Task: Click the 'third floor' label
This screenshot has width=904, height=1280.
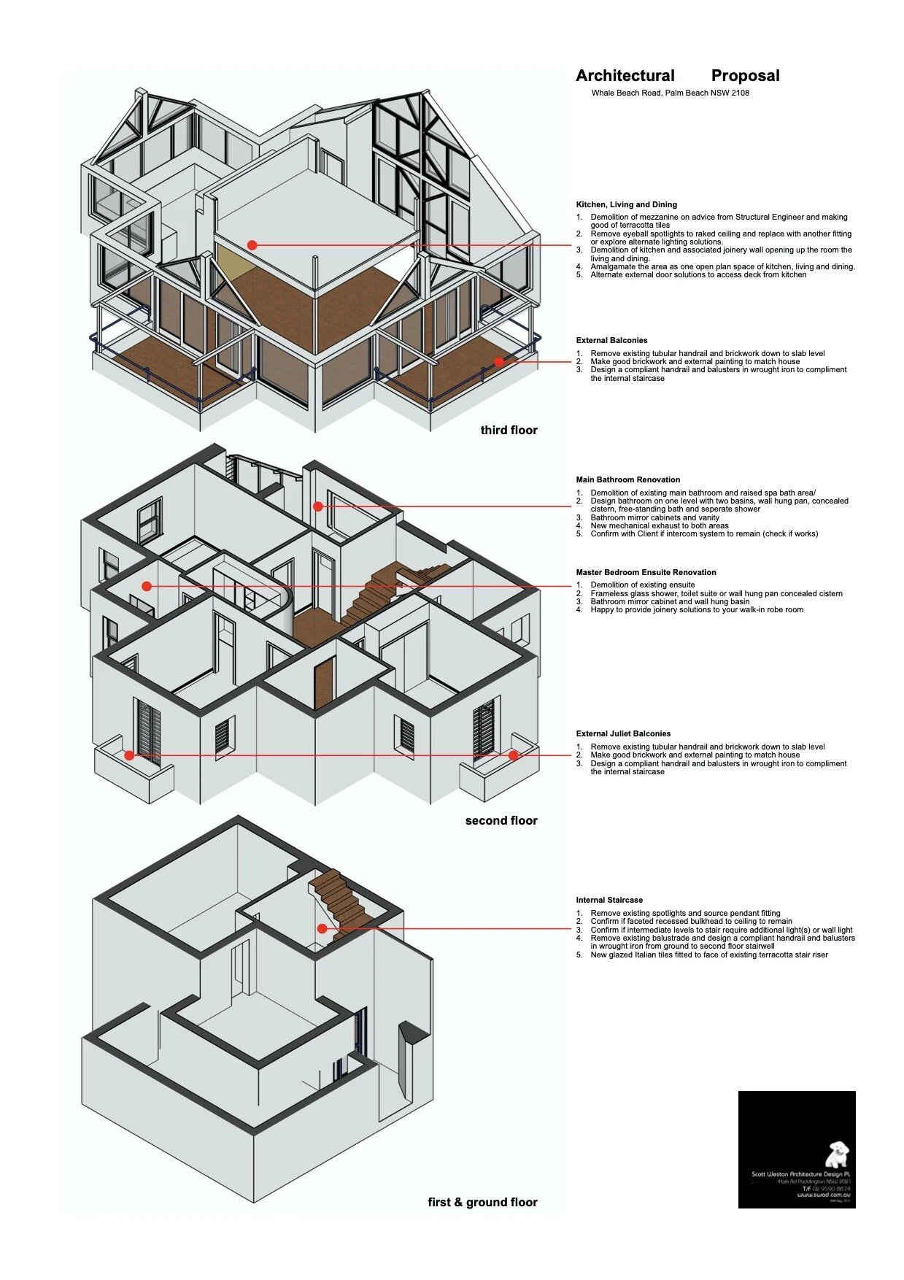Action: [509, 430]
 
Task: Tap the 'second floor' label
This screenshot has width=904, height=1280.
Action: [501, 820]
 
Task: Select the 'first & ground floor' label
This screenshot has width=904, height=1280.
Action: [482, 1202]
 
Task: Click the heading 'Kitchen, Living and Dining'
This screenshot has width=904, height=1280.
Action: [626, 204]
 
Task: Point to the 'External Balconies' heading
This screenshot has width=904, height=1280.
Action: [611, 340]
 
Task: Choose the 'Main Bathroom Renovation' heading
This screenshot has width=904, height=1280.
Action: [627, 479]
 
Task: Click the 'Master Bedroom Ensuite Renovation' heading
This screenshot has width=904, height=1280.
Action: [646, 572]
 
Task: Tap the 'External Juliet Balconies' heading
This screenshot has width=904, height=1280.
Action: [622, 733]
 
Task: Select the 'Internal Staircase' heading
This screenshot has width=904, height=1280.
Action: [609, 900]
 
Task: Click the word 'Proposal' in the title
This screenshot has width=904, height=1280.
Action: [745, 76]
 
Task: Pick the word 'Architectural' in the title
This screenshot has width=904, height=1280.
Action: [625, 76]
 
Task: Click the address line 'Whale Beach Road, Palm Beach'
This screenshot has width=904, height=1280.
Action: [670, 93]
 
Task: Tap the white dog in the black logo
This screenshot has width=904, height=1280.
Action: [838, 1154]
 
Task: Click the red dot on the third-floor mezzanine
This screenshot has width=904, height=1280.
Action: [252, 245]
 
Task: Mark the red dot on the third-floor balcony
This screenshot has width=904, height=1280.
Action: [499, 361]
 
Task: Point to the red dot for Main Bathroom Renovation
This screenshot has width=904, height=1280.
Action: [318, 506]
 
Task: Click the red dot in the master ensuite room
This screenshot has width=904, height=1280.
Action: [147, 586]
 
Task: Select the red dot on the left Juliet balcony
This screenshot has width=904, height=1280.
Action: [129, 755]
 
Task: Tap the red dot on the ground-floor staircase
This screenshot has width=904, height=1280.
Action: [322, 928]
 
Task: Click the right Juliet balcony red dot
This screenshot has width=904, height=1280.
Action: [514, 755]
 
